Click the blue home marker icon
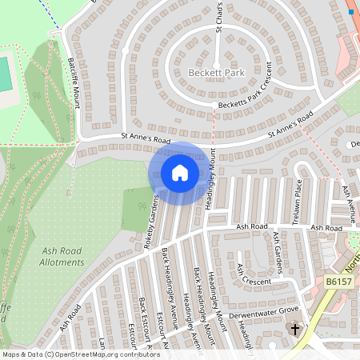click(180, 173)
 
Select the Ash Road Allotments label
click(62, 257)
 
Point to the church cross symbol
click(294, 329)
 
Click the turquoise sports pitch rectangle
click(4, 74)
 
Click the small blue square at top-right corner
click(350, 12)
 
